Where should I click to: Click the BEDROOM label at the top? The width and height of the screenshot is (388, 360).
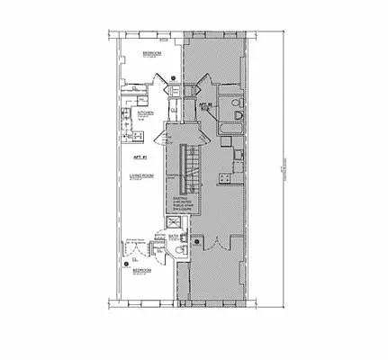click(x=149, y=53)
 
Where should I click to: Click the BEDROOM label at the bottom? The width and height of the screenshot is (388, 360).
click(x=143, y=270)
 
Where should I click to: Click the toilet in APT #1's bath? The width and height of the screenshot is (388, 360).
click(x=180, y=249)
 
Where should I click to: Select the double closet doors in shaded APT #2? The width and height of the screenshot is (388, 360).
click(x=217, y=241)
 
